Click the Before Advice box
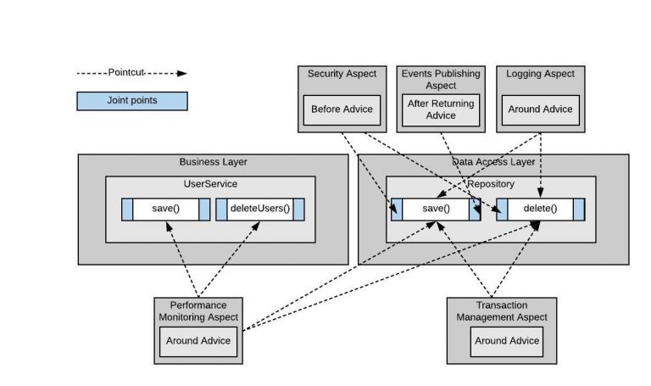(x=342, y=110)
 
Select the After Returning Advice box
(x=441, y=110)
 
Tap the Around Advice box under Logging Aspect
(x=540, y=110)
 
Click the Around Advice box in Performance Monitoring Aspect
(x=198, y=342)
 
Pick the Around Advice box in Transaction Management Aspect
(x=507, y=342)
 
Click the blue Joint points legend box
(x=132, y=101)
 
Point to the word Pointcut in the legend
(x=125, y=72)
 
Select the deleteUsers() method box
(x=260, y=209)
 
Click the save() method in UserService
(x=165, y=209)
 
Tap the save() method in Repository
(x=436, y=209)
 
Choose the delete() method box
(x=540, y=209)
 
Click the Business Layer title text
(x=213, y=162)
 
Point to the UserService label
(x=210, y=183)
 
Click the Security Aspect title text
(x=342, y=74)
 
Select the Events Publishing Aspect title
(x=441, y=80)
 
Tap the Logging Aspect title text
(x=540, y=74)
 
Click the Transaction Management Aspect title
(x=502, y=310)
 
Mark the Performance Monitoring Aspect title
(x=198, y=310)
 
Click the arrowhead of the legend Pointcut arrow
(x=182, y=74)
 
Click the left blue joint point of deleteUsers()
(x=221, y=210)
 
